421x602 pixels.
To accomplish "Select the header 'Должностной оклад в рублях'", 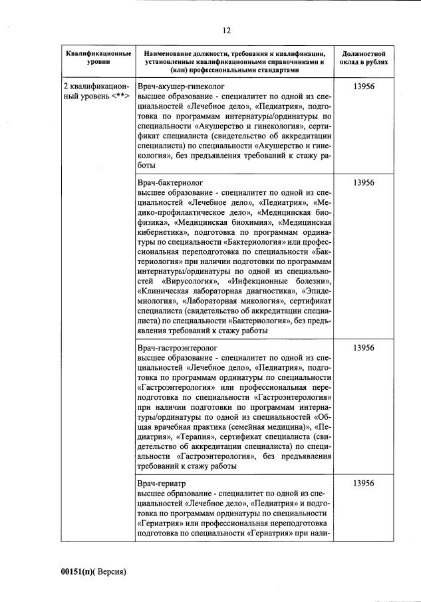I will point(364,58).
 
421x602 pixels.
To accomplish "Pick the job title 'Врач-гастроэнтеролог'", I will point(177,347).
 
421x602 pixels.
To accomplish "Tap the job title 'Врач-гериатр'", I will point(161,482).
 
